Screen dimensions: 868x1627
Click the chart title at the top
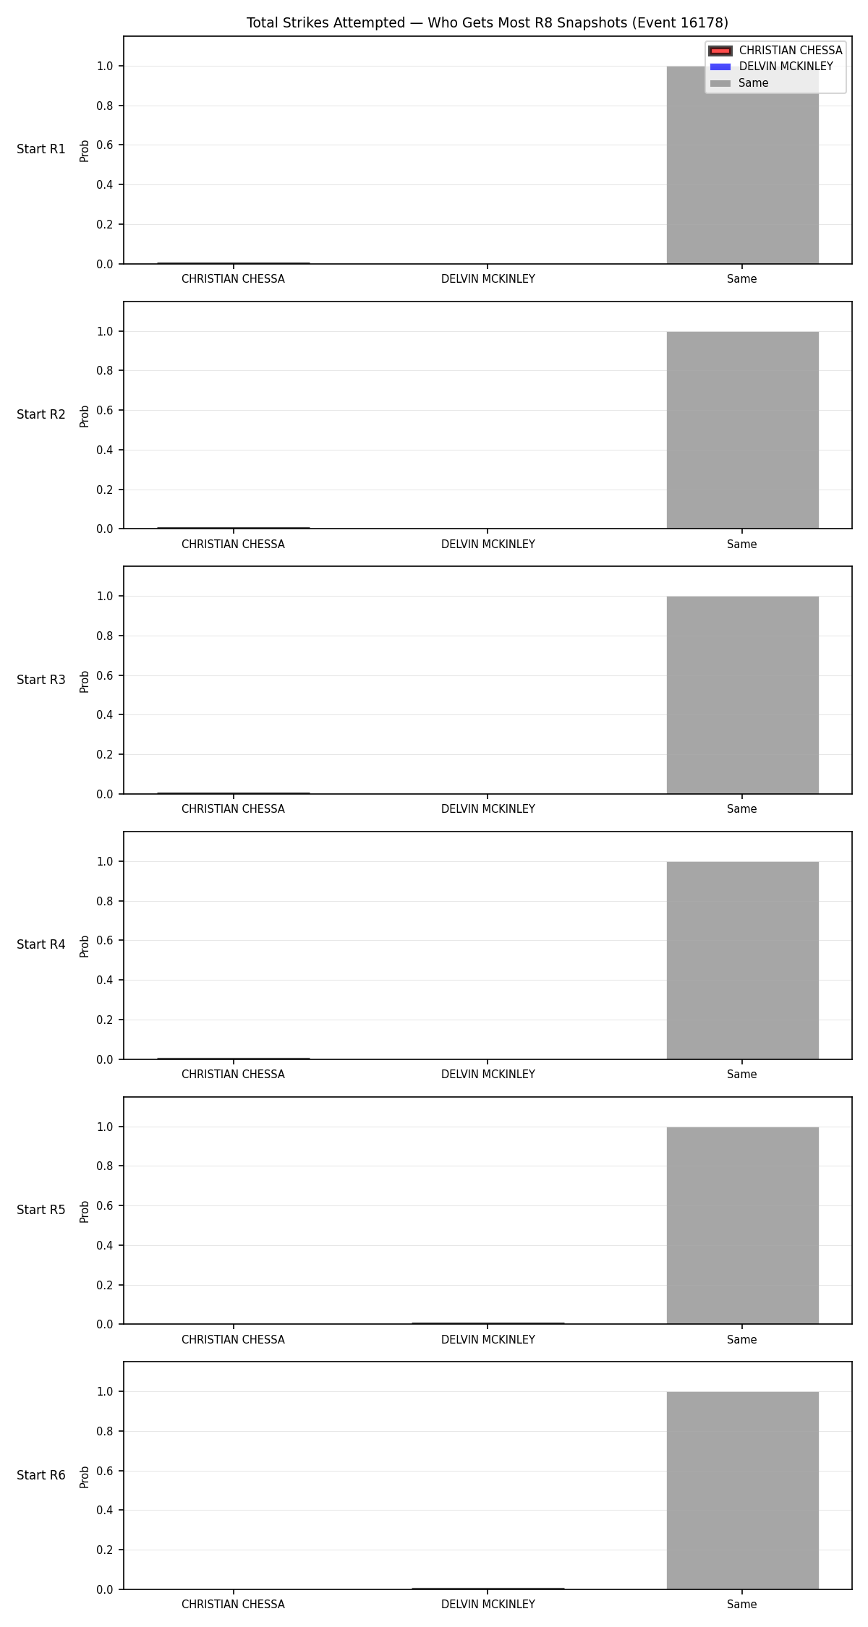click(488, 23)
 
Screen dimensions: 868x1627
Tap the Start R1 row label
click(41, 150)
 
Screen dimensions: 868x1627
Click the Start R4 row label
click(41, 944)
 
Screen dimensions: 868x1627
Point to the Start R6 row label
click(41, 1475)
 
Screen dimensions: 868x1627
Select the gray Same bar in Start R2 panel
click(742, 430)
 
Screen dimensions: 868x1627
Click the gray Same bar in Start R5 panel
click(742, 1225)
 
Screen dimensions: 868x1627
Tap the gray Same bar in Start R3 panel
click(742, 695)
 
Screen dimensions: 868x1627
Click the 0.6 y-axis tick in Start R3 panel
click(105, 675)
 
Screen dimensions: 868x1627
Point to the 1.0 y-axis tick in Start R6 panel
click(105, 1391)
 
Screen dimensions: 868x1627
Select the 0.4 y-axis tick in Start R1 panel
click(105, 184)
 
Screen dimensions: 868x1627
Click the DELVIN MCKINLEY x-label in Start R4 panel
click(488, 1075)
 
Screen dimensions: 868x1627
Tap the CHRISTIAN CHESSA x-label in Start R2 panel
click(233, 545)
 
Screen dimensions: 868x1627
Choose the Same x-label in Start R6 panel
click(742, 1605)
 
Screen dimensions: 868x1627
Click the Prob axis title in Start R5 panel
click(85, 1211)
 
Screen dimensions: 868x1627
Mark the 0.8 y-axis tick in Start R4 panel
click(105, 901)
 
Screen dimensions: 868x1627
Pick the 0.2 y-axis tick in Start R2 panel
click(105, 490)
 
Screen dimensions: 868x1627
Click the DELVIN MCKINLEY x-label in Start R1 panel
click(488, 279)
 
